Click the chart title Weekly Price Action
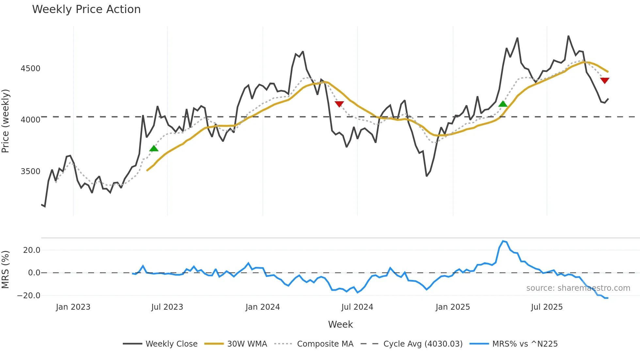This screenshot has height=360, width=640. [86, 9]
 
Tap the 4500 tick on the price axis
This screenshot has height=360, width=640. [30, 69]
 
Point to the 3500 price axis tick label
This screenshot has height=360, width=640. [30, 172]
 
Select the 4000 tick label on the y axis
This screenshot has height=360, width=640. [30, 120]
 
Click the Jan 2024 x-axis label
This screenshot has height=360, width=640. [263, 307]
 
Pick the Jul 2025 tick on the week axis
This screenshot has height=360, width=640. [547, 307]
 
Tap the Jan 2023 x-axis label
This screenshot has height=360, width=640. [73, 307]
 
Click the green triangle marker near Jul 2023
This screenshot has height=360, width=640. [154, 149]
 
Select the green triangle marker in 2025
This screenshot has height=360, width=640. [503, 104]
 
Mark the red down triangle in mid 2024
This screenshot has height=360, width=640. [339, 104]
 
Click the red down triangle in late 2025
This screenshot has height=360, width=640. [605, 80]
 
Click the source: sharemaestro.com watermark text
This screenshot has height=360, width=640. [578, 288]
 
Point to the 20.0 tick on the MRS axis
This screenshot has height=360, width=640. [32, 250]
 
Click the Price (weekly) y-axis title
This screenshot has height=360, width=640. [6, 121]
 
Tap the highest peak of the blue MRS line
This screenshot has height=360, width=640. [503, 241]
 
